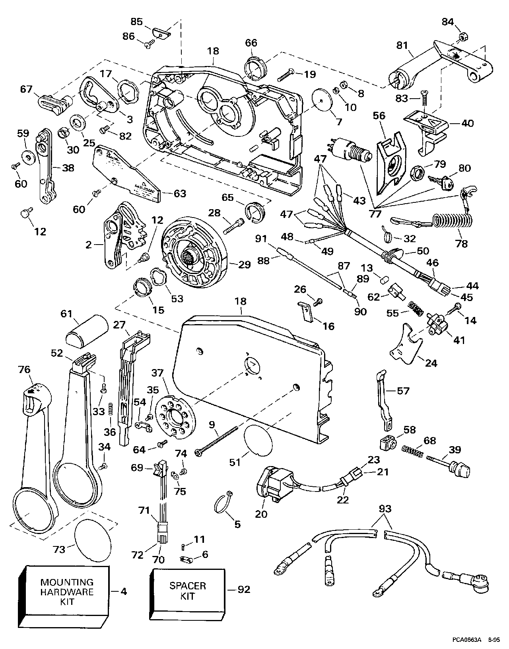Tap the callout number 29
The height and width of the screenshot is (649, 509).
(x=245, y=265)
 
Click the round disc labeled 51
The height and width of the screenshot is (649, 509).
(x=258, y=440)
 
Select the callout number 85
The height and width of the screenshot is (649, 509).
(x=136, y=22)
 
